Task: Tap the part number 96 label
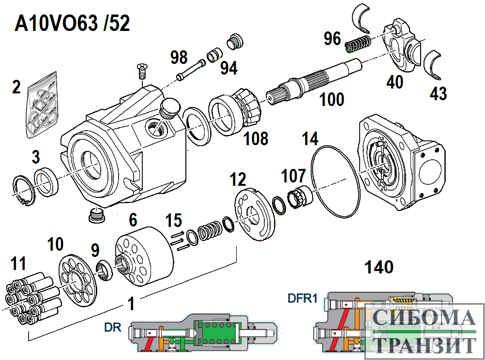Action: pyautogui.click(x=333, y=38)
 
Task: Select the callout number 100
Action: pyautogui.click(x=332, y=100)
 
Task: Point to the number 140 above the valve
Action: pyautogui.click(x=379, y=267)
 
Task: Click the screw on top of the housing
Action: pyautogui.click(x=142, y=71)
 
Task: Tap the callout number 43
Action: pyautogui.click(x=438, y=93)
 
